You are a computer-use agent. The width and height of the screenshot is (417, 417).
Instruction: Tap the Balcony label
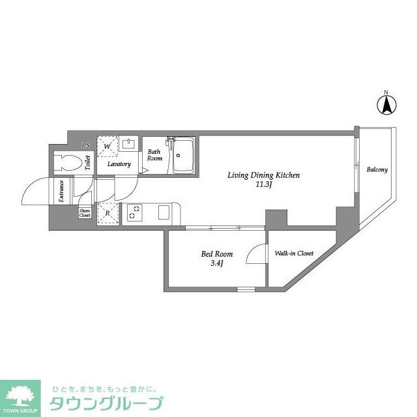coord(377,170)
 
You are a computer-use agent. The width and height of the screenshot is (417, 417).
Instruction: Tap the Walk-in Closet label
coord(294,253)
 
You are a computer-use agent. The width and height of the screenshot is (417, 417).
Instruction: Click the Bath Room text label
coord(154,155)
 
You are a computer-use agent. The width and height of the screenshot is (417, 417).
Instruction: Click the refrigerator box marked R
coord(106,213)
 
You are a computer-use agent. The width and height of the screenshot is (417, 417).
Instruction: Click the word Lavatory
coord(119,164)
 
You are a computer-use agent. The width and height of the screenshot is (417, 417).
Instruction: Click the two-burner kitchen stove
coord(135,213)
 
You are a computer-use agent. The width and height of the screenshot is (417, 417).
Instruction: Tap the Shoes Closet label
coord(85,212)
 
